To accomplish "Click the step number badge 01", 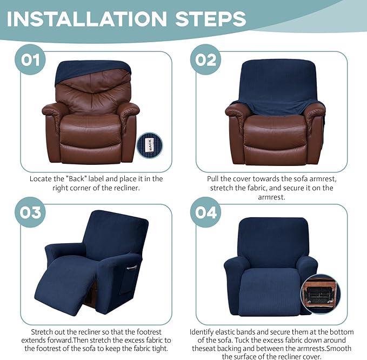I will coord(31,58).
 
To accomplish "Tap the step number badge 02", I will coord(206,58).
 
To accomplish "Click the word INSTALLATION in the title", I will coord(81,18).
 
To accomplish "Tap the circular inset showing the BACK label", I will coord(150,145).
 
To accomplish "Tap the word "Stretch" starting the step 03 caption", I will coord(43,331).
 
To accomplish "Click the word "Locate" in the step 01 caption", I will coord(41,178).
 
